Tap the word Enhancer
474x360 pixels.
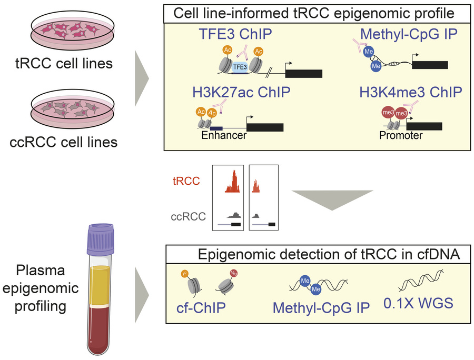click(x=224, y=136)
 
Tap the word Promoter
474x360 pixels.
click(x=401, y=136)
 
